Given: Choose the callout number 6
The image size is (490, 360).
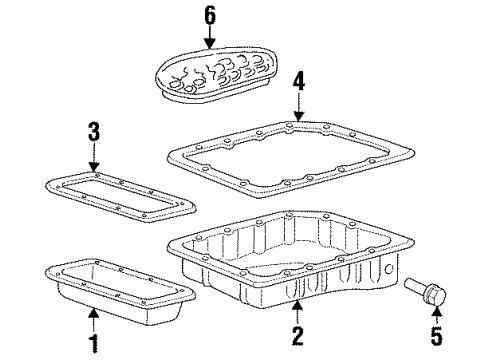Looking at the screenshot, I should point(210,15).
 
